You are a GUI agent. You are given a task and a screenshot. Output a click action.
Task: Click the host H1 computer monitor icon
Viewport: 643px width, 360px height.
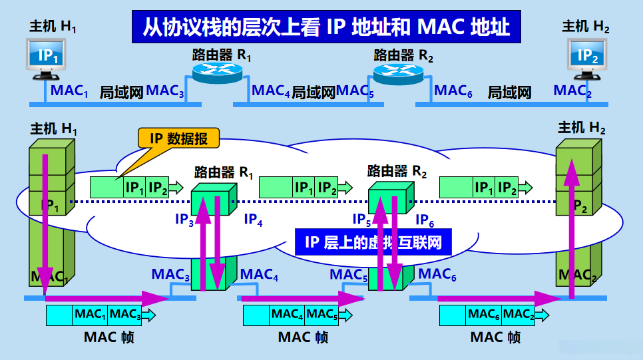pyautogui.click(x=48, y=57)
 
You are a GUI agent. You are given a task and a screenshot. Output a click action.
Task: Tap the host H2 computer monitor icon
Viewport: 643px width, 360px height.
pyautogui.click(x=587, y=57)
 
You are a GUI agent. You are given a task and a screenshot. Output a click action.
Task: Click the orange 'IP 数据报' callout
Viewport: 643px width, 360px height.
pyautogui.click(x=178, y=138)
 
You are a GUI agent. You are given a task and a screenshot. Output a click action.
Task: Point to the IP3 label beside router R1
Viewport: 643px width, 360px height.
pyautogui.click(x=184, y=219)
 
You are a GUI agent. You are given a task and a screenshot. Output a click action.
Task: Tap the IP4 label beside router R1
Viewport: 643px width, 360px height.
pyautogui.click(x=253, y=219)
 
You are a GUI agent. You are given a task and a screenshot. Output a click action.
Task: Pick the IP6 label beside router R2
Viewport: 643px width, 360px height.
pyautogui.click(x=425, y=219)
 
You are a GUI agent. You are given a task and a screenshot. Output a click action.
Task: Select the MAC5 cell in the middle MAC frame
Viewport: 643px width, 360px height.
pyautogui.click(x=321, y=314)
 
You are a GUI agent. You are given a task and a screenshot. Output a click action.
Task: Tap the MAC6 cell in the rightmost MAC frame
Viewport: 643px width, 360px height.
pyautogui.click(x=483, y=314)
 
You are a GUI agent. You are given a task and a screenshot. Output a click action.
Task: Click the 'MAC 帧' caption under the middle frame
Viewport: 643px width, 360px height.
pyautogui.click(x=303, y=337)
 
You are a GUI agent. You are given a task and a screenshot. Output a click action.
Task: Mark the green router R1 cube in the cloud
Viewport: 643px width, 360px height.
pyautogui.click(x=213, y=198)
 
